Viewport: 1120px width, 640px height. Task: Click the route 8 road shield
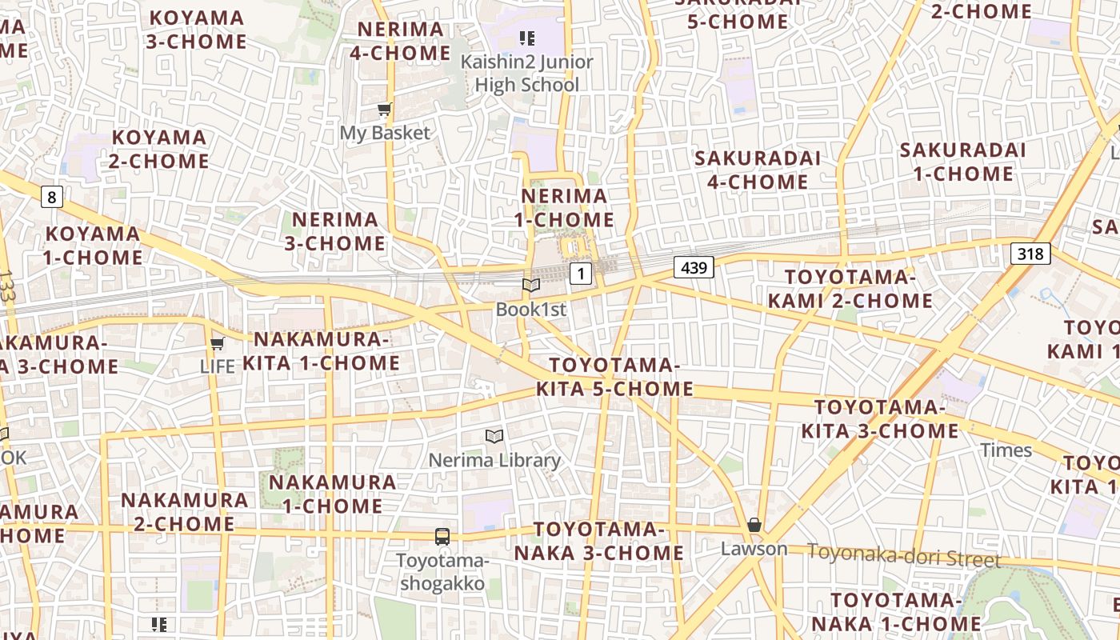pos(52,197)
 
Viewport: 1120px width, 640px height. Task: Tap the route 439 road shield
pos(693,267)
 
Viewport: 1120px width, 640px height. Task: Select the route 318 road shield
pos(1030,254)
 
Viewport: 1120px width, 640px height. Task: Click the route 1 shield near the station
pos(581,274)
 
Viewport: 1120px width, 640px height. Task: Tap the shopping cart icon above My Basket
pos(385,110)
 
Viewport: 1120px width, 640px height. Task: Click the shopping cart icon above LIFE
pos(217,344)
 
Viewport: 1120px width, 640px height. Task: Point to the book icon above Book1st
pos(531,285)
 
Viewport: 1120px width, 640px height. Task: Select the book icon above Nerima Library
pos(494,436)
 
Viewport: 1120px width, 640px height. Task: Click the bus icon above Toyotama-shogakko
pos(442,536)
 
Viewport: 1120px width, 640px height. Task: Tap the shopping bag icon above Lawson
pos(754,525)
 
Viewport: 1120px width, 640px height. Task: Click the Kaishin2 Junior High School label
pos(526,73)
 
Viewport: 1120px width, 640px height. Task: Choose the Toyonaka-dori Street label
pos(903,554)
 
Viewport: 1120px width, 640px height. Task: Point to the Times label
pos(1006,450)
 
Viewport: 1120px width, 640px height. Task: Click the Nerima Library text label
pos(494,460)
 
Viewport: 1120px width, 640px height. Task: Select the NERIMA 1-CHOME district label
pos(567,208)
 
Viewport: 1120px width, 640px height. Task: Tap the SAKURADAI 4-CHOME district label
pos(757,170)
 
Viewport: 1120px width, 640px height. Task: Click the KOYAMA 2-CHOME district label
pos(160,150)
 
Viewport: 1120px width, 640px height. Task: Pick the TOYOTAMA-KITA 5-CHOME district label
pos(614,378)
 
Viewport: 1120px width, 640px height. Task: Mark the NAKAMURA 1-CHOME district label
pos(332,494)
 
